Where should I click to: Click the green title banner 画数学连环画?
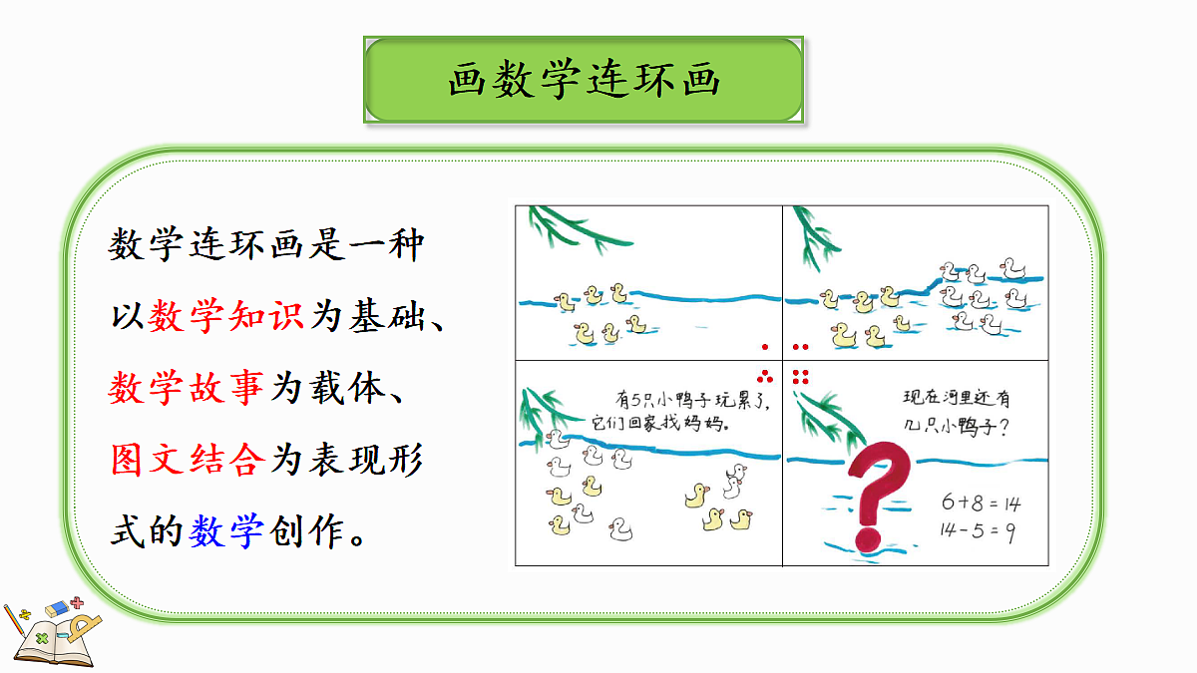click(584, 81)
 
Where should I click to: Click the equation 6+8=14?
click(982, 503)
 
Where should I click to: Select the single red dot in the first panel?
click(765, 347)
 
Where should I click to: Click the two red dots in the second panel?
click(800, 347)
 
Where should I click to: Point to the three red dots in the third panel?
click(766, 376)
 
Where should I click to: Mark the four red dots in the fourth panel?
click(800, 376)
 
